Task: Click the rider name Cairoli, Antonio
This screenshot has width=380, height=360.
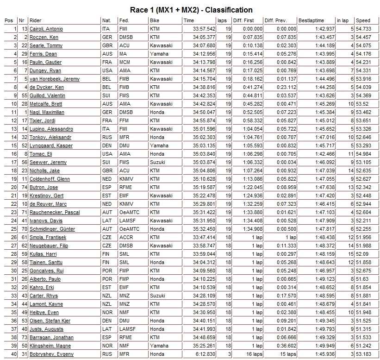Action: (46, 29)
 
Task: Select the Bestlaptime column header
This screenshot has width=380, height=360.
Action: (311, 21)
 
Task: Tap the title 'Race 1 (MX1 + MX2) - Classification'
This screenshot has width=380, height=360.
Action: (190, 10)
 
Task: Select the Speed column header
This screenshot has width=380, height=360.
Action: (363, 21)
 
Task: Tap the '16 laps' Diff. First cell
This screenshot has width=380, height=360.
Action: (252, 354)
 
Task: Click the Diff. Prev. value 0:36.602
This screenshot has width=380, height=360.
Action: (285, 346)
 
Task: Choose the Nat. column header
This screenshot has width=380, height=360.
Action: (106, 21)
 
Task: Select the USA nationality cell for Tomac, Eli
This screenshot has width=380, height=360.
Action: (107, 154)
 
